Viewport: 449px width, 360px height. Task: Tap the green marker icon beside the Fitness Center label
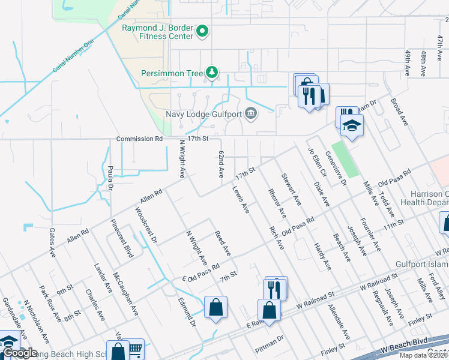pos(202,31)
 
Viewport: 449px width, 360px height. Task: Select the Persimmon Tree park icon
pos(211,73)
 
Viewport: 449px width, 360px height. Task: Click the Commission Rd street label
pos(139,139)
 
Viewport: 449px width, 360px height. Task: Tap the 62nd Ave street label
pos(221,164)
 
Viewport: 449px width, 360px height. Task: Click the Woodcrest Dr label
pos(146,225)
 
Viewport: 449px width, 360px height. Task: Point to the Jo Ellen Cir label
pos(316,162)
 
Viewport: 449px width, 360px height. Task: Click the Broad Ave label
pos(399,112)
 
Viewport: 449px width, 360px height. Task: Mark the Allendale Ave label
pos(339,322)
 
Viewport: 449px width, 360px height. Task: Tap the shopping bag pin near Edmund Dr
pos(215,308)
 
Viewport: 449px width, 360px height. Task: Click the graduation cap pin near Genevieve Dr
pos(352,125)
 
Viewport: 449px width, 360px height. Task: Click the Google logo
pos(20,353)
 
